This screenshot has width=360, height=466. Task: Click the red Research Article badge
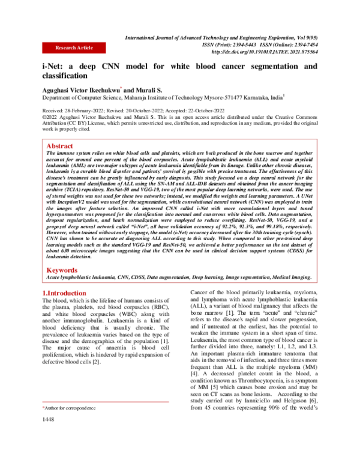[x=74, y=47]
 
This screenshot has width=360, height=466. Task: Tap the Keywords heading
[x=63, y=271]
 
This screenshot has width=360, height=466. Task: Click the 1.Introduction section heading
[x=66, y=294]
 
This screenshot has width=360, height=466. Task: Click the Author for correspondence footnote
[x=70, y=408]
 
